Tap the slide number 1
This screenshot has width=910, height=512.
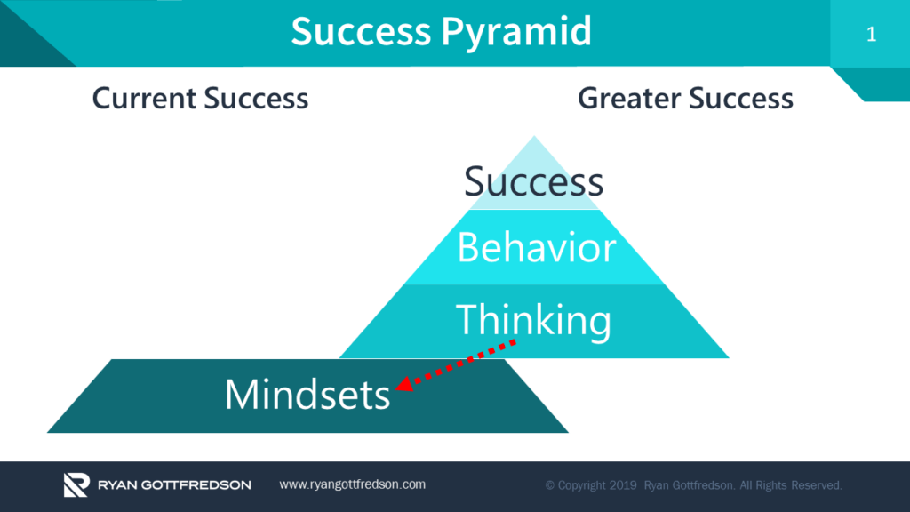(x=870, y=35)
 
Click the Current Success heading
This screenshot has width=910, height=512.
(x=200, y=98)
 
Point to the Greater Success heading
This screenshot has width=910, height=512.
(x=685, y=98)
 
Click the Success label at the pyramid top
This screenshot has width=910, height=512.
(x=533, y=182)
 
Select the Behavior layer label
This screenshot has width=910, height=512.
(x=535, y=248)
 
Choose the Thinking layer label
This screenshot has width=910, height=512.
(x=533, y=319)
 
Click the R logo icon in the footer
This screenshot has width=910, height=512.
(x=76, y=485)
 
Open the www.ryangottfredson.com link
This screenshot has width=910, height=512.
(x=352, y=484)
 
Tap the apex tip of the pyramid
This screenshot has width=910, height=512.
(x=533, y=138)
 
